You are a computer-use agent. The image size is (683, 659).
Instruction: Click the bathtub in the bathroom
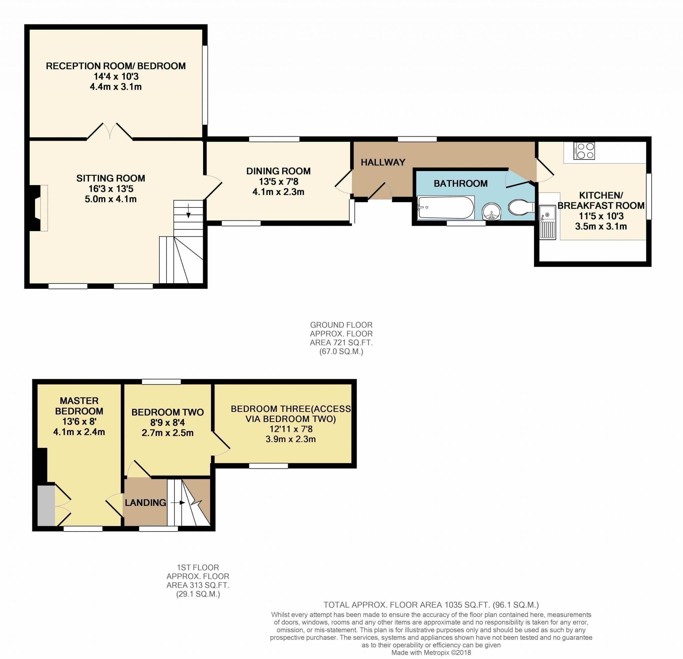pos(446,207)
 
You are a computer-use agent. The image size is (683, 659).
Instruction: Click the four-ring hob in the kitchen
pos(584,151)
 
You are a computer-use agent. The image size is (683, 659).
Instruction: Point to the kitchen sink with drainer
pos(548,222)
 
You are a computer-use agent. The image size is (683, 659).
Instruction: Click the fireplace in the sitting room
pos(38,208)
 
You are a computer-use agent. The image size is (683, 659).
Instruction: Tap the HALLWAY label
pos(383,162)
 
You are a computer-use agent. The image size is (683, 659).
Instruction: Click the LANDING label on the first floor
pos(145,503)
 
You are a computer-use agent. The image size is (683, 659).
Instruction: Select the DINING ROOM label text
pos(278,171)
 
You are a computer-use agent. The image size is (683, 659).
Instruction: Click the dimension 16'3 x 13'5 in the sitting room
pos(111,189)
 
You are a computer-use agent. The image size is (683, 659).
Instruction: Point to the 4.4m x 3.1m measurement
pos(116,87)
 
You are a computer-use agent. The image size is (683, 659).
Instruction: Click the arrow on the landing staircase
pos(177,503)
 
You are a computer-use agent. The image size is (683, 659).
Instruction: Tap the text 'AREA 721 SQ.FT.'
pos(341,343)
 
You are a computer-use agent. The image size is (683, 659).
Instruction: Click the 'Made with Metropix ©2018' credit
pos(431,653)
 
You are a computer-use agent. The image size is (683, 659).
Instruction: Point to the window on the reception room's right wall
pos(205,85)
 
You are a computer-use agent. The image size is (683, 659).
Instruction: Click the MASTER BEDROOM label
pos(79,406)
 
